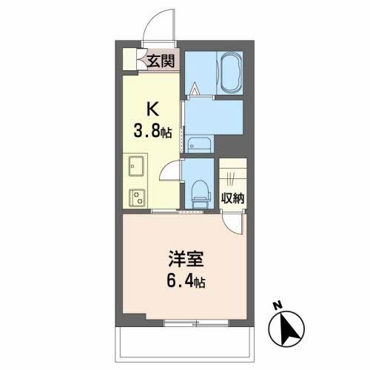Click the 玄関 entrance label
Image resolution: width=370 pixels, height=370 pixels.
click(159, 61)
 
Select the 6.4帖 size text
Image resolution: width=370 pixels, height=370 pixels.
click(185, 282)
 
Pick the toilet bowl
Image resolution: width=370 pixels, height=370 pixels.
click(198, 193)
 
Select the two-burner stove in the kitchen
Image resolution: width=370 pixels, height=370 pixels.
click(136, 197)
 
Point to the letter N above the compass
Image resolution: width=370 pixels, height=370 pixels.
click(275, 304)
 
